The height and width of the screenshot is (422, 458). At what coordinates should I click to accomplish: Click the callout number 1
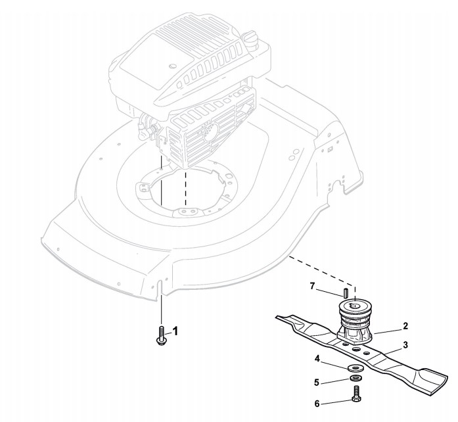175,329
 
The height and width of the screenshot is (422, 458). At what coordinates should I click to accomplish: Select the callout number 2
405,325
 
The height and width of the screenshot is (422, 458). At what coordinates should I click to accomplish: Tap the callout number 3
405,344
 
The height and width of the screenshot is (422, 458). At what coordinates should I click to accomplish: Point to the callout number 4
317,359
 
